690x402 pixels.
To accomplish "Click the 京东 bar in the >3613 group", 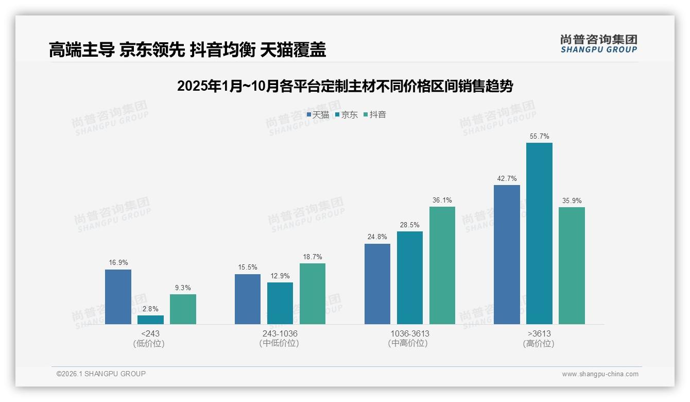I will click(539, 233).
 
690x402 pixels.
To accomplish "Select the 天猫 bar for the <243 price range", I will click(118, 297).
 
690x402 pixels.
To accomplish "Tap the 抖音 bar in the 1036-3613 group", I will click(442, 265).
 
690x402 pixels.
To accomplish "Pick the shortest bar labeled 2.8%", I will click(150, 320).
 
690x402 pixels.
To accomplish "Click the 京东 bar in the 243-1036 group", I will click(280, 303).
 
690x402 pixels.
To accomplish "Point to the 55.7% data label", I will click(539, 136).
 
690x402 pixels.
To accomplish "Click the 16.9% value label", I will click(118, 262).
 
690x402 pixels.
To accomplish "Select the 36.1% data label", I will click(442, 200).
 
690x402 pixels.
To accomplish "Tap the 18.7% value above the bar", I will click(313, 257).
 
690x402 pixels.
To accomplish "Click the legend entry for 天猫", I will click(318, 115).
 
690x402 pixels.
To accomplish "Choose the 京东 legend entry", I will click(347, 115).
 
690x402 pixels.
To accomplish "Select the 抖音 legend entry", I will click(375, 115).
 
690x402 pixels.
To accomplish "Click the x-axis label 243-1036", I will click(280, 333).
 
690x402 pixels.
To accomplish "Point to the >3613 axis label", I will click(539, 333).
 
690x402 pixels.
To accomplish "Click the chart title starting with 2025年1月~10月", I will click(344, 86).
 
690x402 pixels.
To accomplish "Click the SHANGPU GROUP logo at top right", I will click(598, 44).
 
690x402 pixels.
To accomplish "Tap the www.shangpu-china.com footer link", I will click(600, 374).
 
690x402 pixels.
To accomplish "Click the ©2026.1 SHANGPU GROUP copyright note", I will click(101, 374).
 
